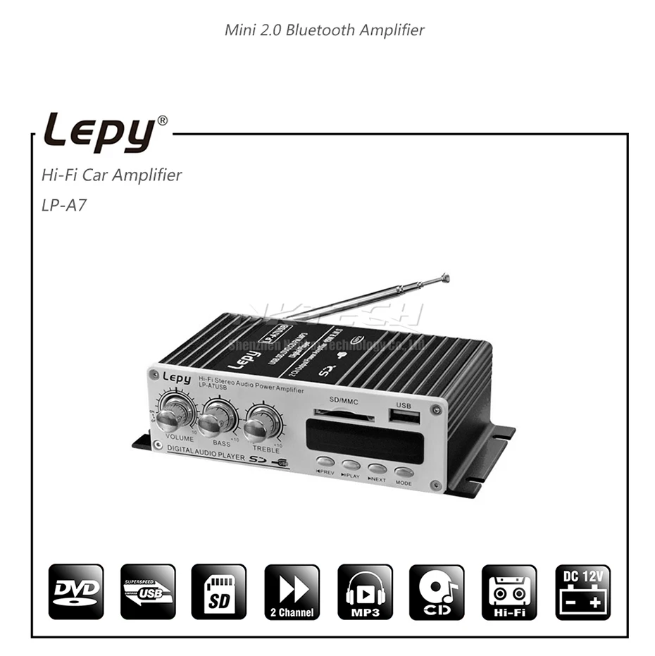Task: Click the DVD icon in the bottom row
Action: tap(76, 592)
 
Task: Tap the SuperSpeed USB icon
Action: tap(148, 592)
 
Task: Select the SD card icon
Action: tap(219, 592)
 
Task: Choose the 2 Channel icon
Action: tap(292, 592)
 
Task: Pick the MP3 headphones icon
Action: tap(365, 592)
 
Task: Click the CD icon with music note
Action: tap(437, 592)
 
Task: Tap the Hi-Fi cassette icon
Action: tap(509, 592)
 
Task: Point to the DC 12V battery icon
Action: tap(582, 592)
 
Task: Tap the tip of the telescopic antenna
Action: tap(444, 276)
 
